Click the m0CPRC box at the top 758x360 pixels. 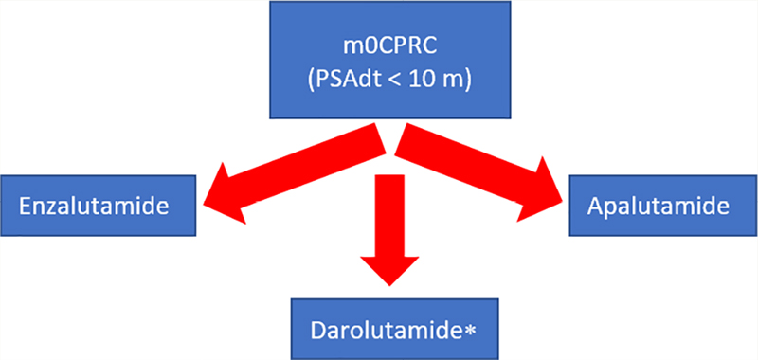coord(390,60)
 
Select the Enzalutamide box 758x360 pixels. coord(99,206)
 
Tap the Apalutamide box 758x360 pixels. coord(663,206)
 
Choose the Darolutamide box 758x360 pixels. coord(394,329)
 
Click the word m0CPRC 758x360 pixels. coord(390,49)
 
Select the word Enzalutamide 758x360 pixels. coord(94,207)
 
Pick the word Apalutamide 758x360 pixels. coord(658,207)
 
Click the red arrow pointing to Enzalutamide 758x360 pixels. coord(295,174)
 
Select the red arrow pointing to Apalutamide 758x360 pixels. coord(478,173)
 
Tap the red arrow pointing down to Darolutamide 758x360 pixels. coord(389,230)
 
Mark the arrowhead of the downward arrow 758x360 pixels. coord(389,271)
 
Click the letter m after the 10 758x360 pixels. coord(444,81)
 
